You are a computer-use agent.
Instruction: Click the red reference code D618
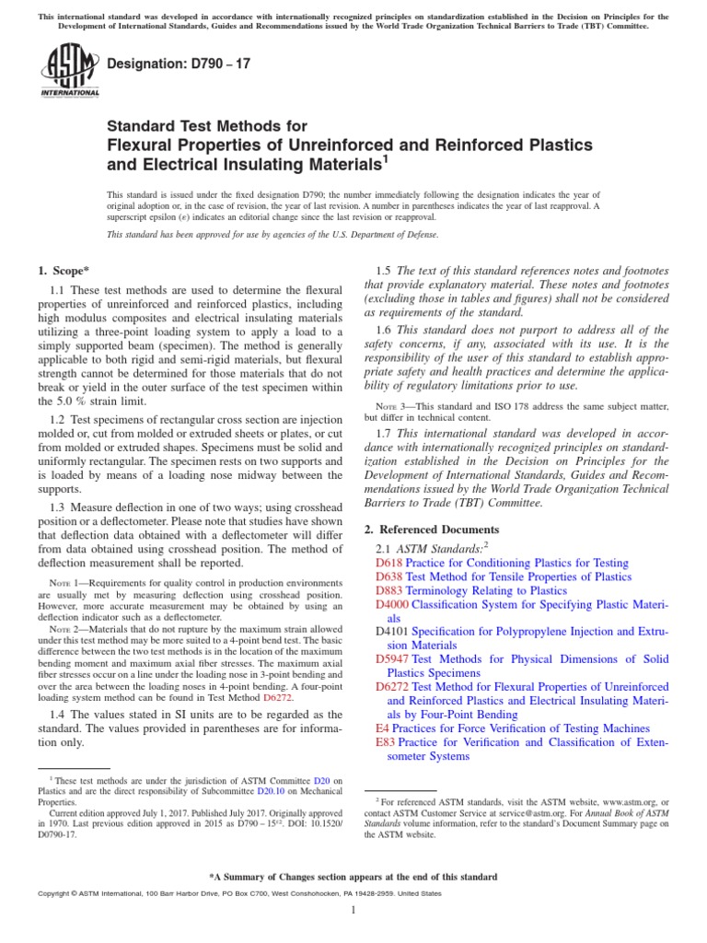(x=389, y=562)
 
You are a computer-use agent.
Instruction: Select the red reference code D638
(x=389, y=576)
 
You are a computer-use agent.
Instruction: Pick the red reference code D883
(x=389, y=591)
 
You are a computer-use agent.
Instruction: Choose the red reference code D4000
(x=393, y=605)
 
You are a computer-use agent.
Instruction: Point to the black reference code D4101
(x=393, y=633)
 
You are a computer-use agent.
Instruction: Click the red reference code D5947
(x=393, y=659)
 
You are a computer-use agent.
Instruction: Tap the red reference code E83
(x=385, y=742)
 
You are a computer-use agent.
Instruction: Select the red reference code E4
(x=381, y=728)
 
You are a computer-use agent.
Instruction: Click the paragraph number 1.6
(x=386, y=330)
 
